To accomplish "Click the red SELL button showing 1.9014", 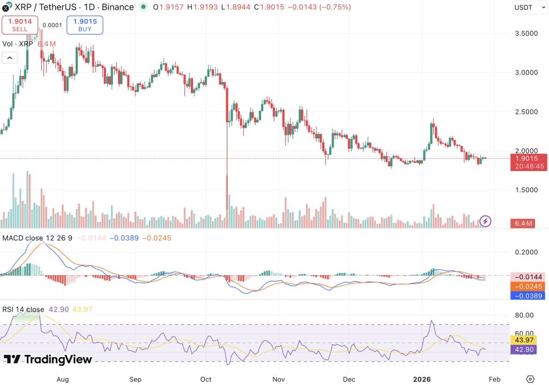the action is point(20,25).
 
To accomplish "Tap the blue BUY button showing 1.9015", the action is point(85,25).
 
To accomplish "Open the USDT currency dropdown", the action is point(530,8).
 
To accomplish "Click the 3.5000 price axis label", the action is point(526,34).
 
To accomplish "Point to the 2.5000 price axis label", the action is point(526,112).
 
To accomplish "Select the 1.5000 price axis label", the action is point(526,190).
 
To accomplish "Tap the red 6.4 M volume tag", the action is point(523,223).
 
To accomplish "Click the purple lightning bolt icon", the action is point(485,221).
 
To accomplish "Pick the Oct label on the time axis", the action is point(206,380).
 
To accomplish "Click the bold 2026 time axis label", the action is point(422,380).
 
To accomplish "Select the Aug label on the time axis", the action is point(63,380).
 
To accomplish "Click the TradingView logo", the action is point(48,359).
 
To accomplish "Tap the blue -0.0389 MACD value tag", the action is point(528,295).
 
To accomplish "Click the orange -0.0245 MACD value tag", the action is point(528,286).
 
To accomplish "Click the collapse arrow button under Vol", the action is point(10,58).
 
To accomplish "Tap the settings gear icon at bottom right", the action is point(530,379).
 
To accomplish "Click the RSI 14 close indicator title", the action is point(23,309).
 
